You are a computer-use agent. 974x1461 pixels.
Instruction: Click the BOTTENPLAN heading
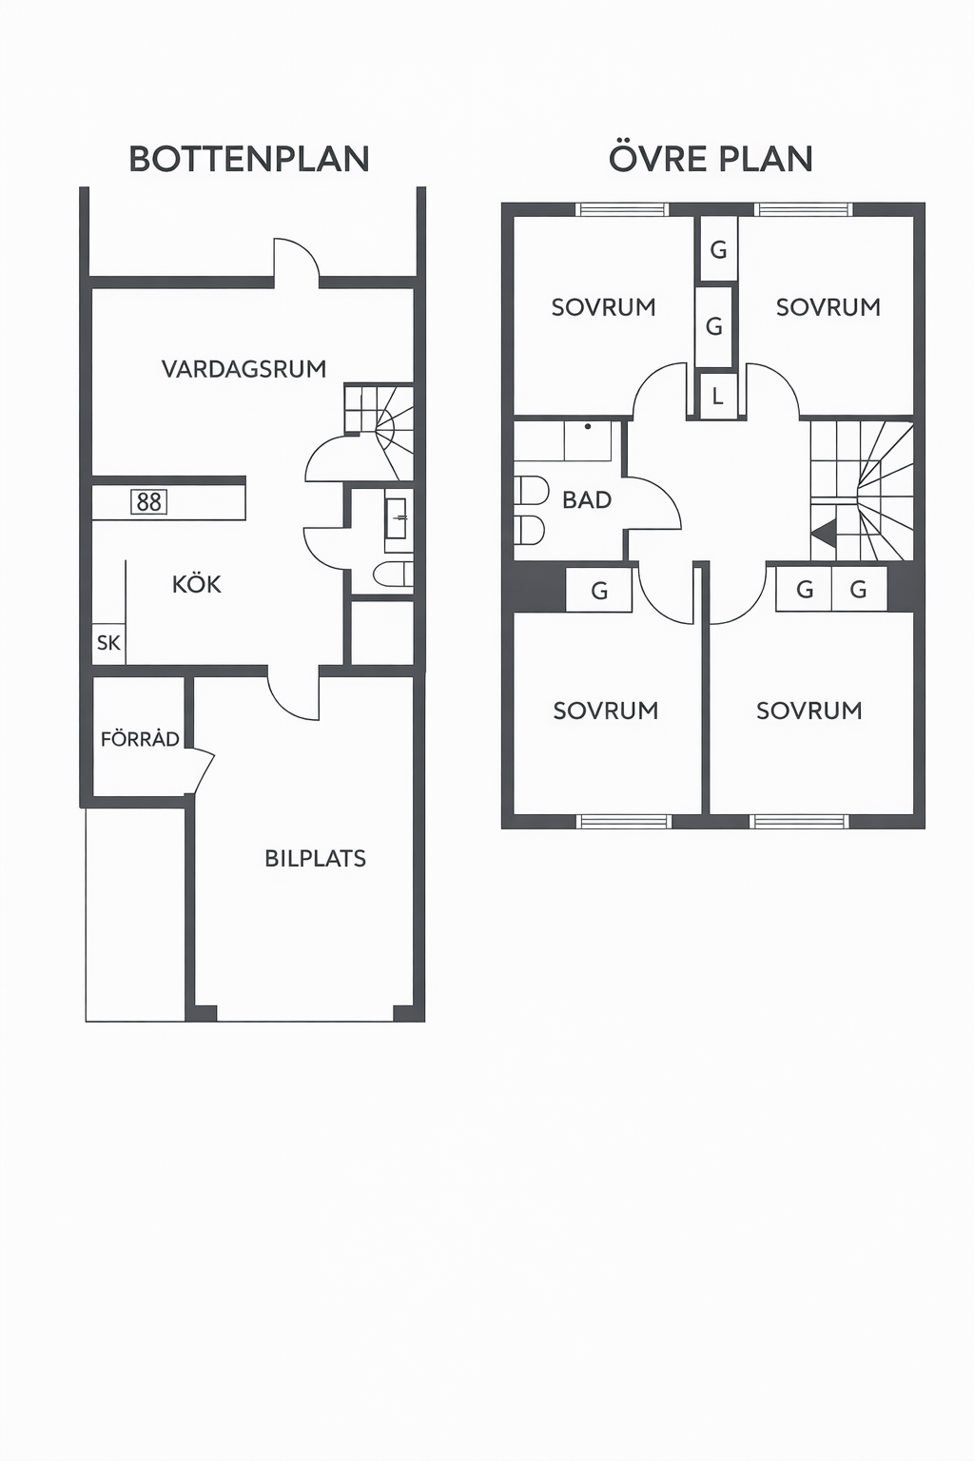249,159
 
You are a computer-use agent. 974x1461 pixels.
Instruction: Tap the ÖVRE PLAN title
711,158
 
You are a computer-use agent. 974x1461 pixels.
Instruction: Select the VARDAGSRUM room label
244,369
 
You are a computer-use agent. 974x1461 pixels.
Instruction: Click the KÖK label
196,583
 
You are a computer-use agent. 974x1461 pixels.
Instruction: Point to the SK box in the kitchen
108,643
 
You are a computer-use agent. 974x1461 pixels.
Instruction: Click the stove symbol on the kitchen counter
149,501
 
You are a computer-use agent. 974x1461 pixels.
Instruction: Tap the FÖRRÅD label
140,738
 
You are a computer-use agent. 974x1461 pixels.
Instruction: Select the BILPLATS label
315,858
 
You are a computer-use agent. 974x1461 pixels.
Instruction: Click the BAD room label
587,500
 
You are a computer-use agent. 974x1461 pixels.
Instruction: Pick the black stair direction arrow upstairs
824,533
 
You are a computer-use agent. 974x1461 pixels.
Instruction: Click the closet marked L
717,396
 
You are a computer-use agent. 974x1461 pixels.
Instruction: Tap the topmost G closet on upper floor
718,249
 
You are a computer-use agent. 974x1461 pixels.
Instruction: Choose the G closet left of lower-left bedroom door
599,591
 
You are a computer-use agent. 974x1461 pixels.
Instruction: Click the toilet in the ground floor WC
394,574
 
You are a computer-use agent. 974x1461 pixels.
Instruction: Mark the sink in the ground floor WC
396,518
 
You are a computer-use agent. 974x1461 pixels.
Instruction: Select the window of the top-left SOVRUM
622,209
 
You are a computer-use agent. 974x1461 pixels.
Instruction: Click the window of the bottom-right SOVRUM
799,822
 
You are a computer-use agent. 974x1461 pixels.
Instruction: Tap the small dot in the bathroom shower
588,426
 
